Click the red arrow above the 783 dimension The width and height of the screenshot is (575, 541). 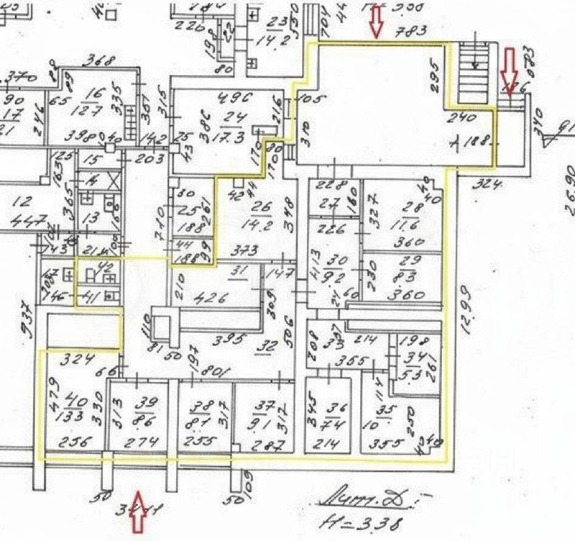375,21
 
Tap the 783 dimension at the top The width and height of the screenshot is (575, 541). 416,29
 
